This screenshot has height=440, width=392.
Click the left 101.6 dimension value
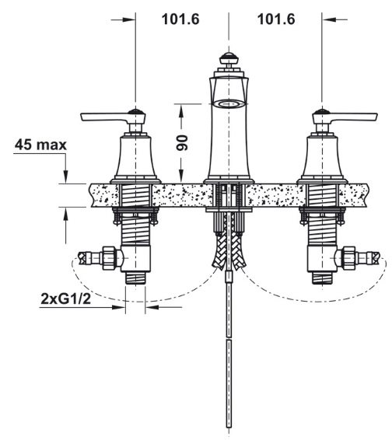180,19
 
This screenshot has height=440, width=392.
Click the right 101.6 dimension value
276,19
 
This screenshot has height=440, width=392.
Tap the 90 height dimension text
182,143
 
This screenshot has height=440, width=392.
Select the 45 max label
40,145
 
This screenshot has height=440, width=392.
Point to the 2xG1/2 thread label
66,299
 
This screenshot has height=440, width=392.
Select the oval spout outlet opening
229,104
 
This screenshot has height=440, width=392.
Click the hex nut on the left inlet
109,258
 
